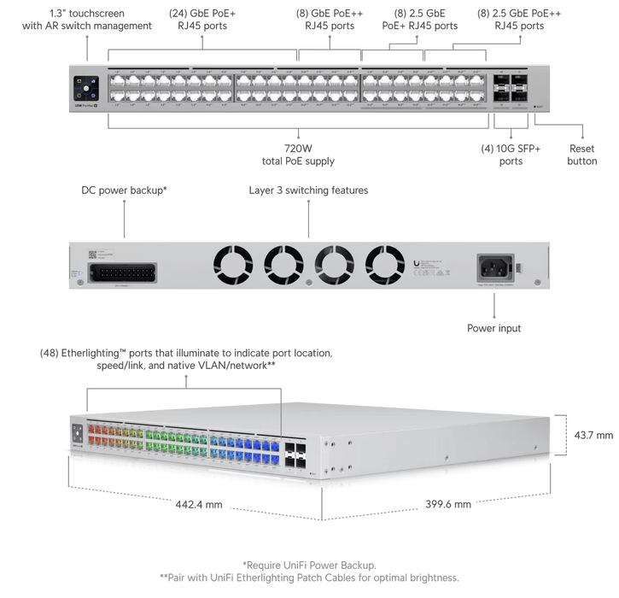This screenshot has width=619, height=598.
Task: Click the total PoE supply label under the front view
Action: [x=297, y=155]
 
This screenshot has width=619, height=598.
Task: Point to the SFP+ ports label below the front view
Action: [x=511, y=154]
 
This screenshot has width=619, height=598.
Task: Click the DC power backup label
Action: [x=125, y=187]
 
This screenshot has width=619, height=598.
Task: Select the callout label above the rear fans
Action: [x=308, y=187]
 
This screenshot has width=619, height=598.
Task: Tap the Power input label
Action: [x=493, y=326]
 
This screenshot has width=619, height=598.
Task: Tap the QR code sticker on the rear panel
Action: [x=91, y=255]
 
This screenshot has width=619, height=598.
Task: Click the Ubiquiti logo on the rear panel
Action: [x=415, y=261]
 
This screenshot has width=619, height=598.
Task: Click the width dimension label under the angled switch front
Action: [x=196, y=504]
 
